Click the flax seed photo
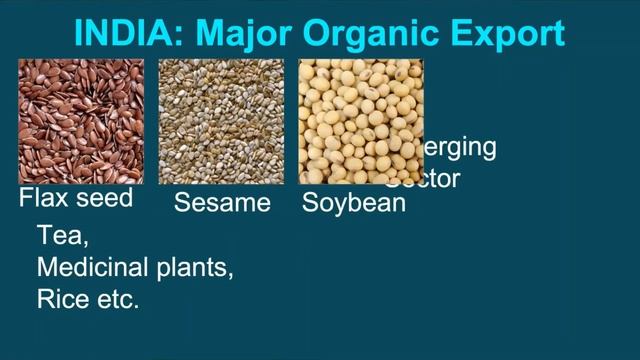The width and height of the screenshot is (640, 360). point(81,120)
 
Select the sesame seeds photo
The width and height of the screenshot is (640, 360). point(221,120)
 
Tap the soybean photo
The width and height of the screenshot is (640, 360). point(361,120)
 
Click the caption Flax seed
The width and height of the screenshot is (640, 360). point(76,198)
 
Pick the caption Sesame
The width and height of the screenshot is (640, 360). point(222,203)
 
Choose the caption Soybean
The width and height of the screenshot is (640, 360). point(354,203)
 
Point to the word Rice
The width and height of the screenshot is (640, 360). point(60,298)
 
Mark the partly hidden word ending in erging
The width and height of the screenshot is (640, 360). point(459,148)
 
